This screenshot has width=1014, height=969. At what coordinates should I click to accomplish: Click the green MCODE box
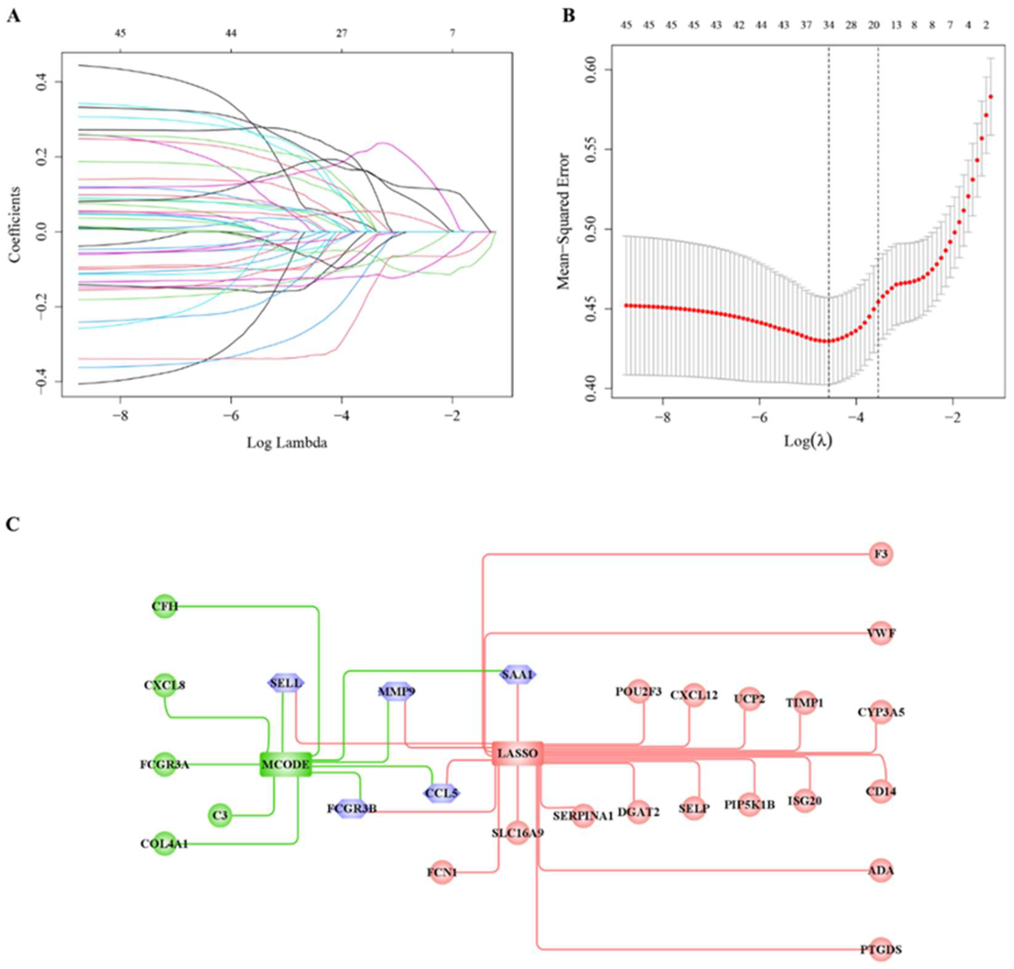(285, 764)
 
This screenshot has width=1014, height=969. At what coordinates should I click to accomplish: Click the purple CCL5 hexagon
(441, 793)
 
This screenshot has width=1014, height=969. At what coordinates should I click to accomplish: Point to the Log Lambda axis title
(287, 443)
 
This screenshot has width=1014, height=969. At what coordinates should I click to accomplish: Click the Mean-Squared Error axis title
(564, 221)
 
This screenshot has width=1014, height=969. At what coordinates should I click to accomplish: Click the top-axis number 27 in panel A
(341, 34)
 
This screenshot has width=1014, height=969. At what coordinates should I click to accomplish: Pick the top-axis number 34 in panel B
(828, 25)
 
